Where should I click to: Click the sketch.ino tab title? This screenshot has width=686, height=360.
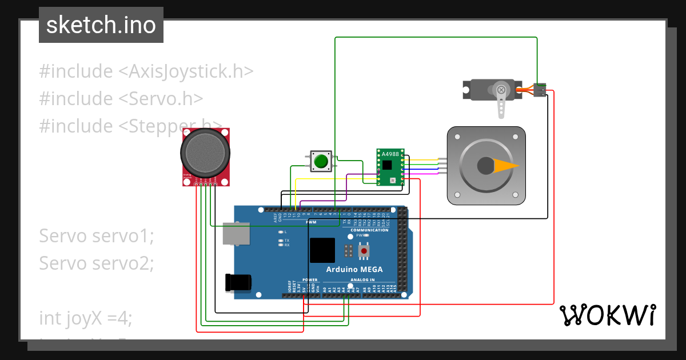click(101, 25)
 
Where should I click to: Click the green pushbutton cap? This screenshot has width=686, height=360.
click(321, 161)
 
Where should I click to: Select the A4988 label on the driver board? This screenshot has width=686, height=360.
click(390, 154)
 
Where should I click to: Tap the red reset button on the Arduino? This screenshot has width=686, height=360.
click(364, 251)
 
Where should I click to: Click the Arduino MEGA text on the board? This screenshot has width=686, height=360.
click(354, 270)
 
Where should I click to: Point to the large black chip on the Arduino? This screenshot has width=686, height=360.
click(322, 250)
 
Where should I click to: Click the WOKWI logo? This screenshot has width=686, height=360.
click(607, 315)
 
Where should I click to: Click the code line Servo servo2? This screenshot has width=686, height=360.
click(97, 263)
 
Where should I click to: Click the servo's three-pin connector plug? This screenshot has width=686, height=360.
click(540, 90)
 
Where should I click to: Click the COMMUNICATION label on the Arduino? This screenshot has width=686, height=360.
click(369, 230)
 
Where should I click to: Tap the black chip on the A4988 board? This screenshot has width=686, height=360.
click(388, 165)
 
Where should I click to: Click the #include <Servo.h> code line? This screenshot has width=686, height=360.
click(121, 98)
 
